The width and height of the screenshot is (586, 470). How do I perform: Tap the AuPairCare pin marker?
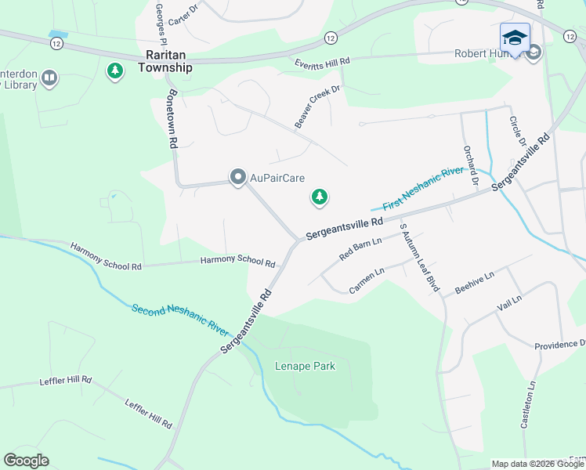tap(237, 178)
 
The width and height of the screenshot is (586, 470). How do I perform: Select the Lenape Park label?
tap(305, 366)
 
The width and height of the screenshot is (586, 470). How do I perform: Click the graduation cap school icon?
tap(515, 38)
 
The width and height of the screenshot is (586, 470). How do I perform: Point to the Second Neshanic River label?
tap(179, 320)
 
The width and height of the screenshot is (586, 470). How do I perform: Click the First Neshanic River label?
tap(424, 190)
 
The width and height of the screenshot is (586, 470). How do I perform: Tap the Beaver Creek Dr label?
tap(318, 107)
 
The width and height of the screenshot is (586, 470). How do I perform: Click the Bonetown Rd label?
tap(172, 117)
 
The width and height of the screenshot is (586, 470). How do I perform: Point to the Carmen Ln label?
tap(367, 281)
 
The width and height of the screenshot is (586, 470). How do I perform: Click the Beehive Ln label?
tap(475, 282)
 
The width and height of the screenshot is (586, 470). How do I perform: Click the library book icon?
tap(49, 77)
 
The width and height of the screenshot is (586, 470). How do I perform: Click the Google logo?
tap(26, 461)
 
